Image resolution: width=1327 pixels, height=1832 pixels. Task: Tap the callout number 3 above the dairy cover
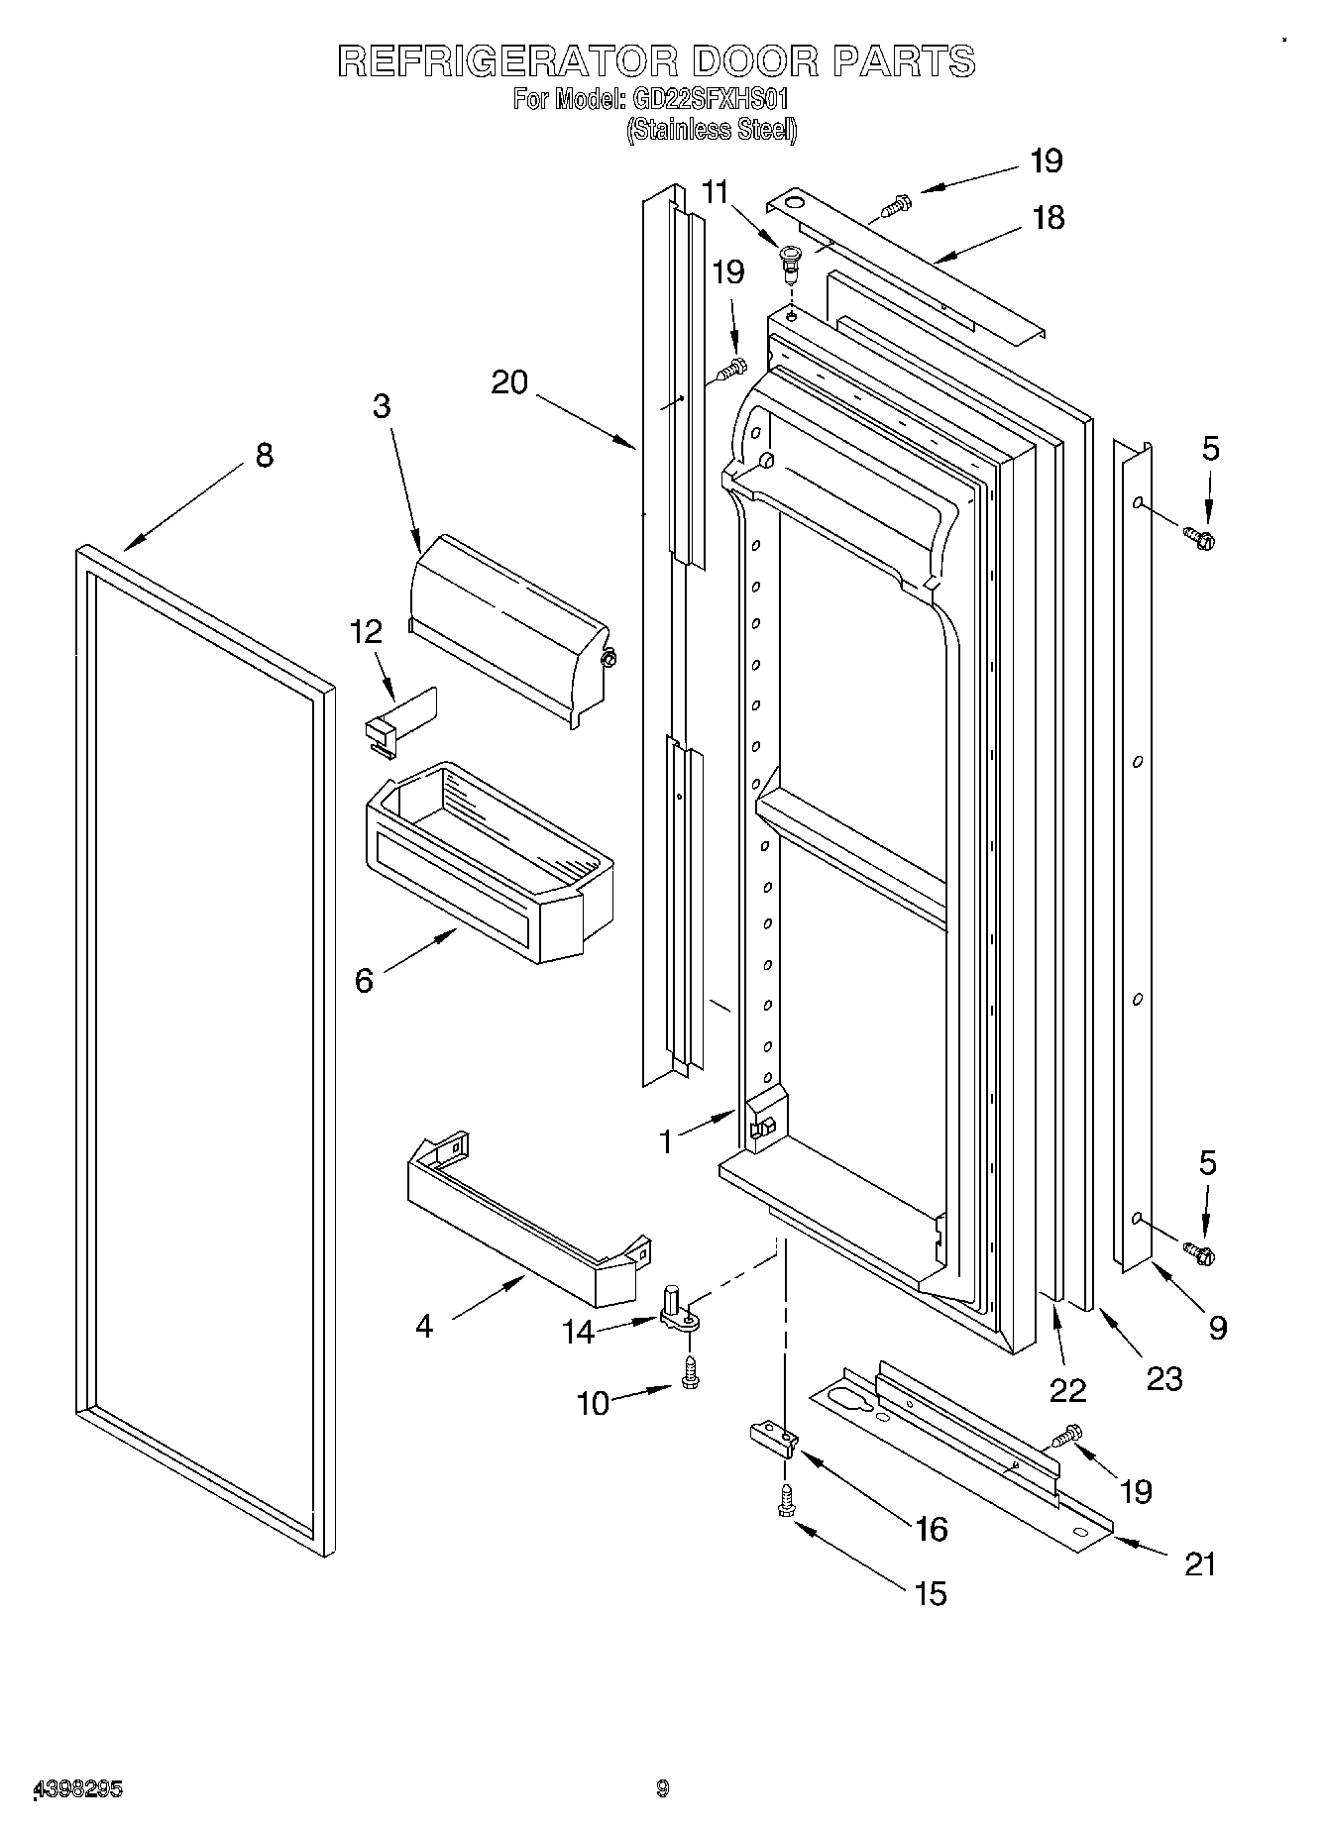coord(383,406)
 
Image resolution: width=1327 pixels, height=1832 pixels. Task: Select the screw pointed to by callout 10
coord(690,1372)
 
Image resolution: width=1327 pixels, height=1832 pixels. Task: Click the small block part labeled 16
coord(774,1440)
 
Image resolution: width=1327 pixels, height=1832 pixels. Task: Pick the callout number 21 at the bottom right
coord(1200,1563)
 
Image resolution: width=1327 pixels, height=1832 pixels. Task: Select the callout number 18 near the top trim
coord(1049,217)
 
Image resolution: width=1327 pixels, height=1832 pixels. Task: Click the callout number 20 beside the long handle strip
coord(509,381)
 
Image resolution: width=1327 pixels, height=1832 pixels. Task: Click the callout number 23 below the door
coord(1164,1378)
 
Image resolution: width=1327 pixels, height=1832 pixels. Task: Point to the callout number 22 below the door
coord(1067,1390)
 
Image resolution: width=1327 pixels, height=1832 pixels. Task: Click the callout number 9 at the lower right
coord(1217,1327)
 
